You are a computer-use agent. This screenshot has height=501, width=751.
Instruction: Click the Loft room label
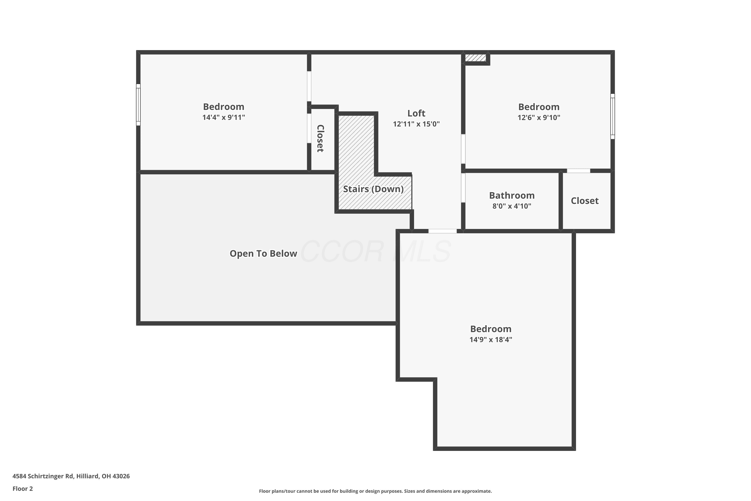(x=416, y=113)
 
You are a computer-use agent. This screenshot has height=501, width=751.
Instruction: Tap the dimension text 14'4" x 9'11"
(x=224, y=117)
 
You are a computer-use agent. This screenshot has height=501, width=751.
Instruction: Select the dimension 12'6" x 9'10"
(x=539, y=117)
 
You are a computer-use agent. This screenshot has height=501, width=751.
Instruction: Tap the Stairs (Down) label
(x=373, y=189)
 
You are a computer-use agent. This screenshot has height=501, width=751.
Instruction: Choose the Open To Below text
(x=263, y=253)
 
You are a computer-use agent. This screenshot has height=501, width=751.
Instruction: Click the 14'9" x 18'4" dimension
(x=491, y=340)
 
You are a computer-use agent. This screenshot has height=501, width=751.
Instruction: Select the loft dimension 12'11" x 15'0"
(x=416, y=124)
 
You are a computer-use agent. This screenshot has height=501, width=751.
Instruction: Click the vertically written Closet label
(x=320, y=138)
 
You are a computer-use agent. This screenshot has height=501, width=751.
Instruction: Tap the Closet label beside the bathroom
(x=585, y=201)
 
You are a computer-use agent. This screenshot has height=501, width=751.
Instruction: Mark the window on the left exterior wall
(x=138, y=105)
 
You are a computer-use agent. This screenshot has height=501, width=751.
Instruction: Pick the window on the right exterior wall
(x=612, y=116)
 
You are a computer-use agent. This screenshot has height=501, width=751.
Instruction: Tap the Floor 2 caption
(x=23, y=488)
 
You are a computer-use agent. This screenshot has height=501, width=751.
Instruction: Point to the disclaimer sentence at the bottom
(x=375, y=491)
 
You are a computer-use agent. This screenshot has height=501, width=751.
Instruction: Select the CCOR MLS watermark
(x=375, y=252)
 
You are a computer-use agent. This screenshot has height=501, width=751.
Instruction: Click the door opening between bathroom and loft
(x=463, y=188)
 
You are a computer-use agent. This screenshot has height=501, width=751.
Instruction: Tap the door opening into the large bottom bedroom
(x=443, y=231)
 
